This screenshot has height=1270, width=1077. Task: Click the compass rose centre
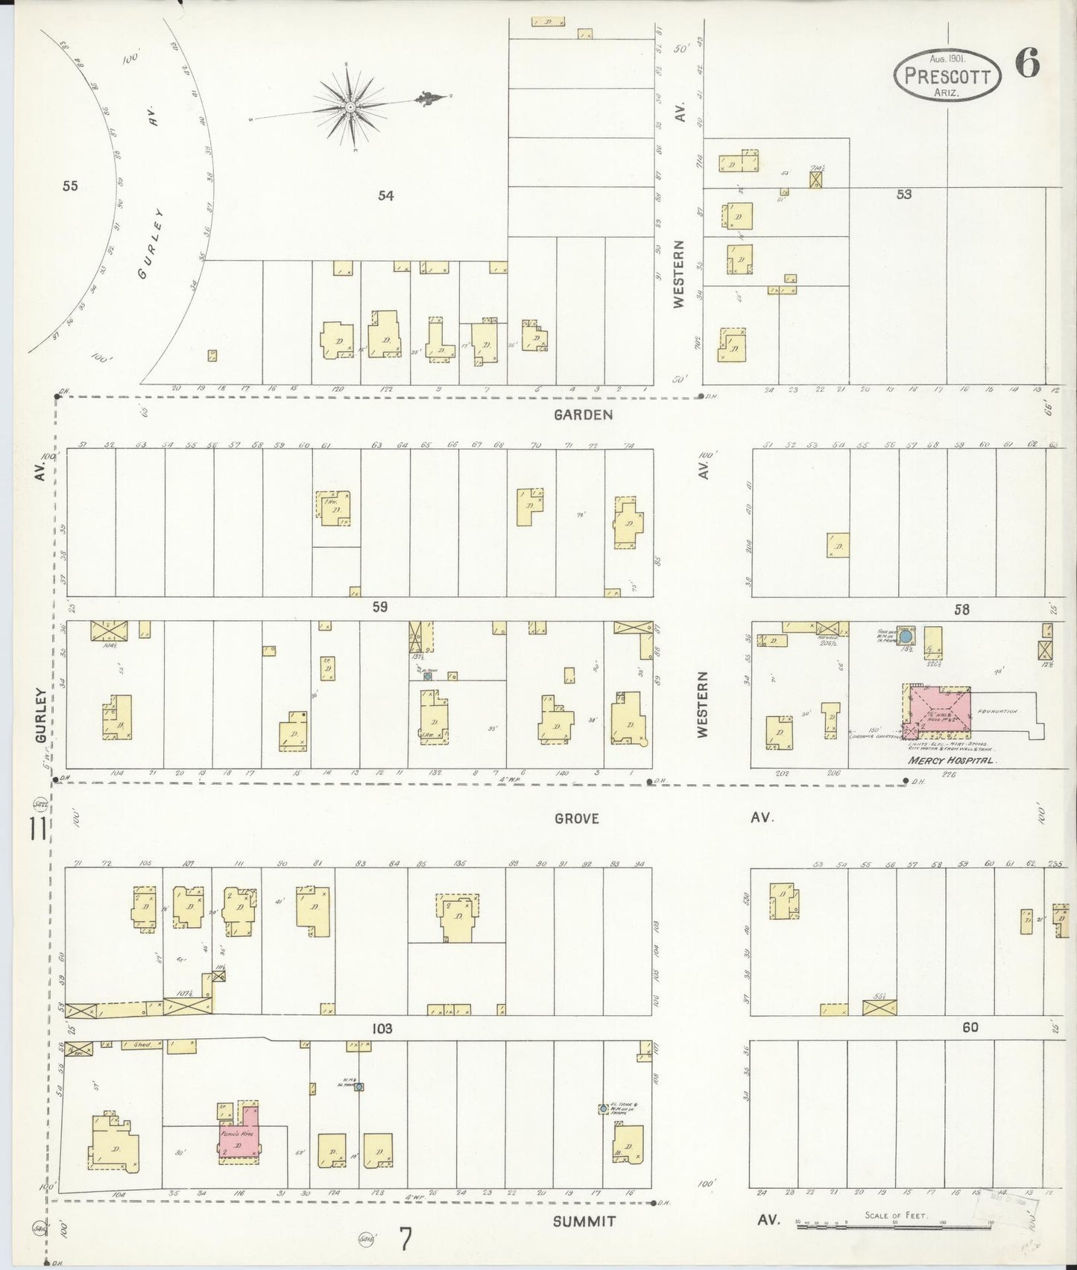(x=349, y=107)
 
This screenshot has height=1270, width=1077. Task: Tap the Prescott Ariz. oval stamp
(x=947, y=76)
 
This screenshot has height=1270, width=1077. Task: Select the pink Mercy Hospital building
(x=940, y=712)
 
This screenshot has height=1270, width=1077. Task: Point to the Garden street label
(x=583, y=414)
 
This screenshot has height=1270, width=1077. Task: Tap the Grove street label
(x=577, y=818)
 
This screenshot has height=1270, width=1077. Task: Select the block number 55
(x=70, y=186)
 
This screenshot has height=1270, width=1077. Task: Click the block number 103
(x=382, y=1028)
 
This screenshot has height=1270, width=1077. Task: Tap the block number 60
(x=969, y=1028)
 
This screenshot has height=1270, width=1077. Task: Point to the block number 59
(x=380, y=607)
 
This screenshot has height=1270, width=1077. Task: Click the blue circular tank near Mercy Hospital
(x=906, y=637)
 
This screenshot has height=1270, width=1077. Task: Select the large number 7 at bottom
(x=405, y=1240)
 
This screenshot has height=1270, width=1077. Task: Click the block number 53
(x=903, y=195)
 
